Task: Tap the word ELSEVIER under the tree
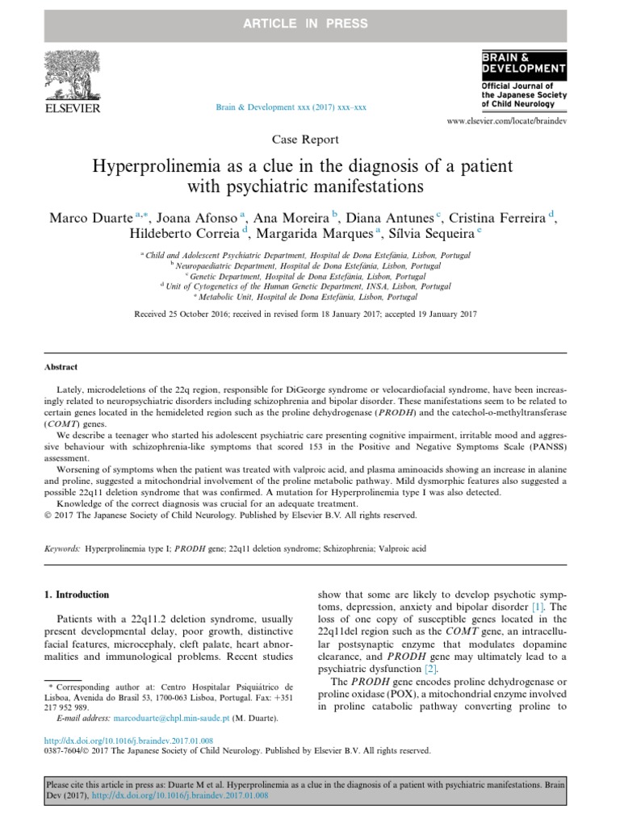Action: (72, 108)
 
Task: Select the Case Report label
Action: (309, 139)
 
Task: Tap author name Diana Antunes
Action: (393, 218)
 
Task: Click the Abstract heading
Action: (61, 367)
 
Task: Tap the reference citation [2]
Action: (430, 669)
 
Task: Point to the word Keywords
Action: (62, 548)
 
